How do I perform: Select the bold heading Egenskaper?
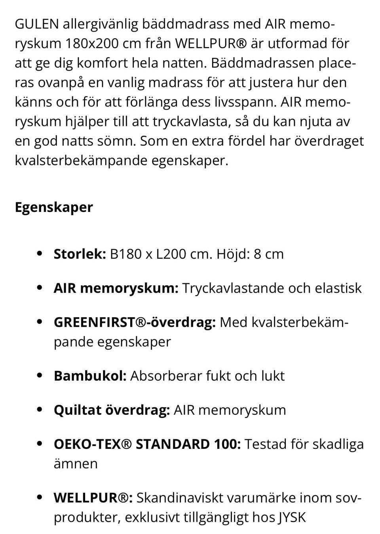point(54,207)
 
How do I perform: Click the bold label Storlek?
point(80,254)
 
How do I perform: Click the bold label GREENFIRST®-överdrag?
point(135,322)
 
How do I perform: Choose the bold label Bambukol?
point(90,376)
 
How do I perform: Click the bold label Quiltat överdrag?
point(112,410)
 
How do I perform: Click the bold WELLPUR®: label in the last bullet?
point(93,498)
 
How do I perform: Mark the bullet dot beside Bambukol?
point(39,376)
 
